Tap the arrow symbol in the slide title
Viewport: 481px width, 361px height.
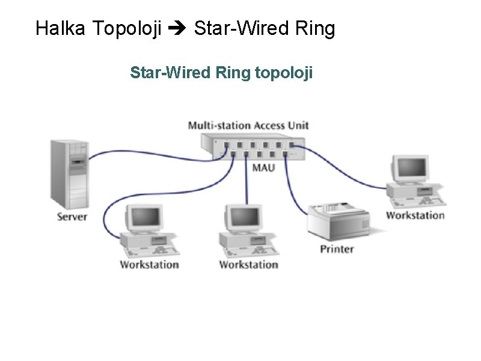click(x=178, y=29)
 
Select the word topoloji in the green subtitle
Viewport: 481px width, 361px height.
click(x=284, y=73)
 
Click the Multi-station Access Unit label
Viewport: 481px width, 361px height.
click(x=248, y=125)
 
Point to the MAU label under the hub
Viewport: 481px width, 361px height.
click(x=263, y=167)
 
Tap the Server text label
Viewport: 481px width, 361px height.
click(x=72, y=216)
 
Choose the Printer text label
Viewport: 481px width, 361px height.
click(x=337, y=248)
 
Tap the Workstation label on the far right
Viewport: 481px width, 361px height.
click(x=415, y=215)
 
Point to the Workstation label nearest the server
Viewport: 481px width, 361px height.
click(x=149, y=264)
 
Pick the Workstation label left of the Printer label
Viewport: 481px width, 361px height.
click(x=248, y=264)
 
